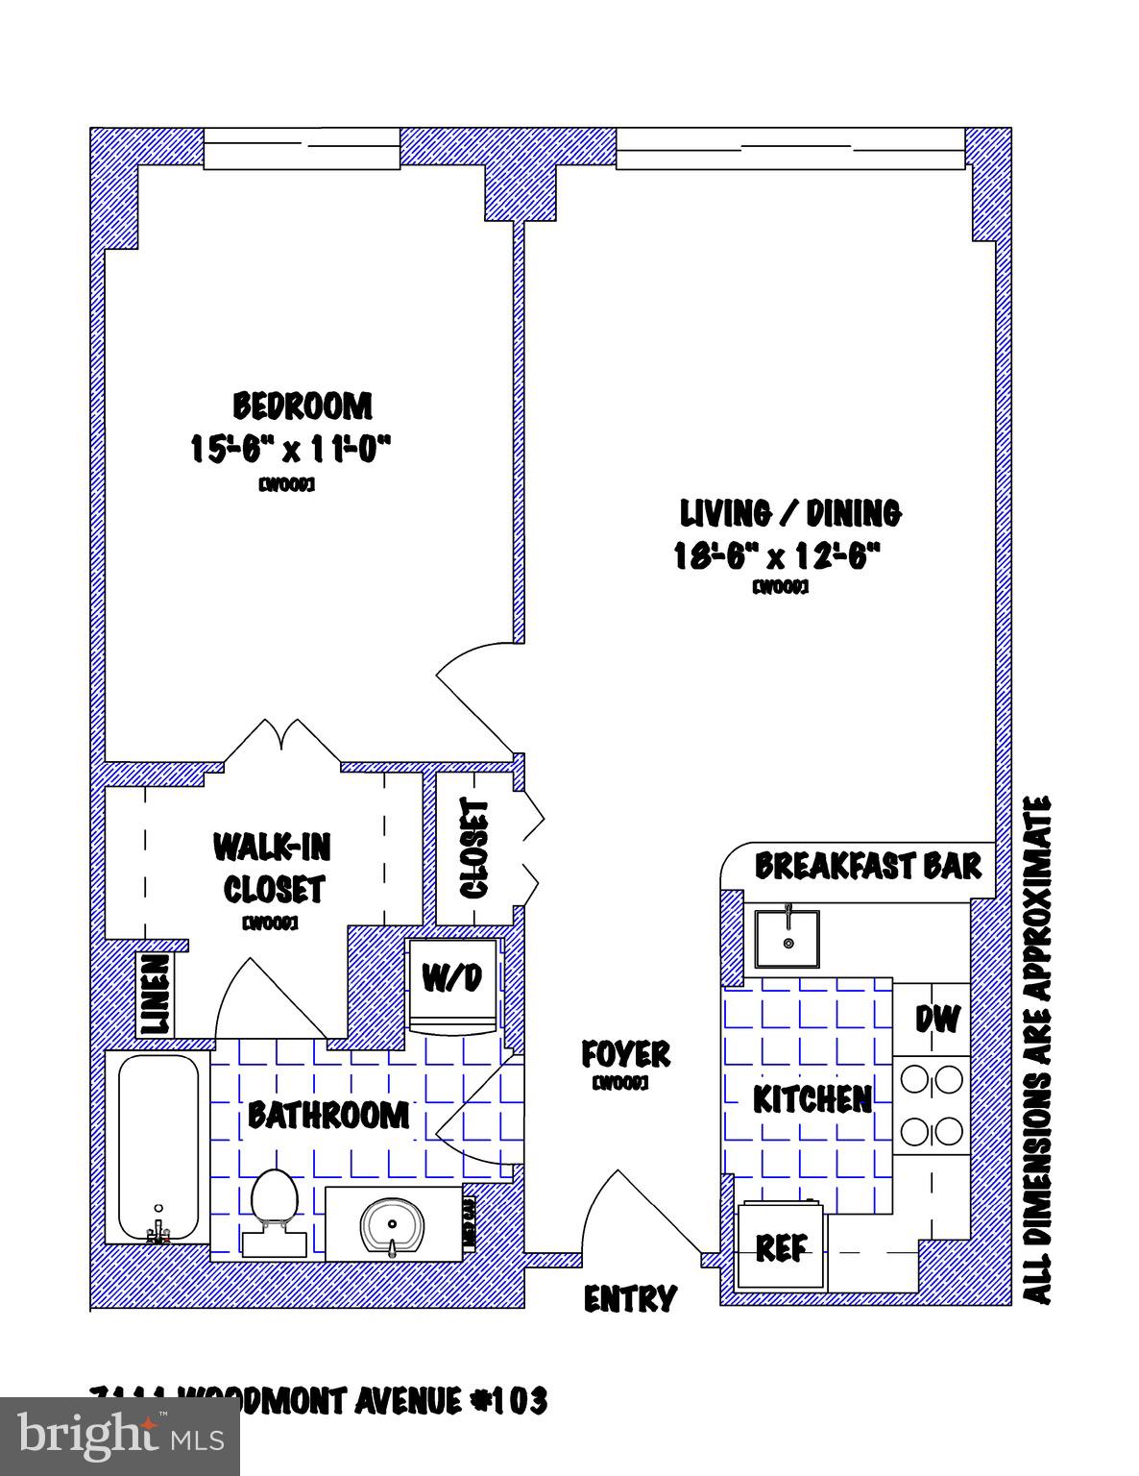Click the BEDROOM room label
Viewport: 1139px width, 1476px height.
click(303, 406)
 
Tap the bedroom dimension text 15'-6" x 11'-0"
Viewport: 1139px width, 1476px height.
click(293, 449)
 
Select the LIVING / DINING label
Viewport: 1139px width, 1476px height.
click(790, 513)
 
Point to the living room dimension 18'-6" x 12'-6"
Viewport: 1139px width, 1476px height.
click(777, 556)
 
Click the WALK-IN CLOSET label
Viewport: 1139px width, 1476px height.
click(273, 869)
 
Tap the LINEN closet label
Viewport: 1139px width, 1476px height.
click(157, 995)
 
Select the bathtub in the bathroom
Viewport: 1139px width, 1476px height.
click(158, 1147)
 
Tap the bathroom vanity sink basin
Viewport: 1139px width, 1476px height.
click(393, 1225)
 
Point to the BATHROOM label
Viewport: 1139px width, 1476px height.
click(327, 1115)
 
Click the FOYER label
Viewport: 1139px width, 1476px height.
click(625, 1054)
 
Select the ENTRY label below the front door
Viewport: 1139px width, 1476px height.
click(630, 1299)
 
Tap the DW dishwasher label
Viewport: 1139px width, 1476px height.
click(936, 1019)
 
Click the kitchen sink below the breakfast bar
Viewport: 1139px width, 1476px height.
click(788, 940)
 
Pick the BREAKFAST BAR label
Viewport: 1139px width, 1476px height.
click(867, 865)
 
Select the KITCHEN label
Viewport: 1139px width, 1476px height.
click(812, 1098)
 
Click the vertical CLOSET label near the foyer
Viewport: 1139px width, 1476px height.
click(475, 849)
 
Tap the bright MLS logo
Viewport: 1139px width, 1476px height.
click(120, 1437)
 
